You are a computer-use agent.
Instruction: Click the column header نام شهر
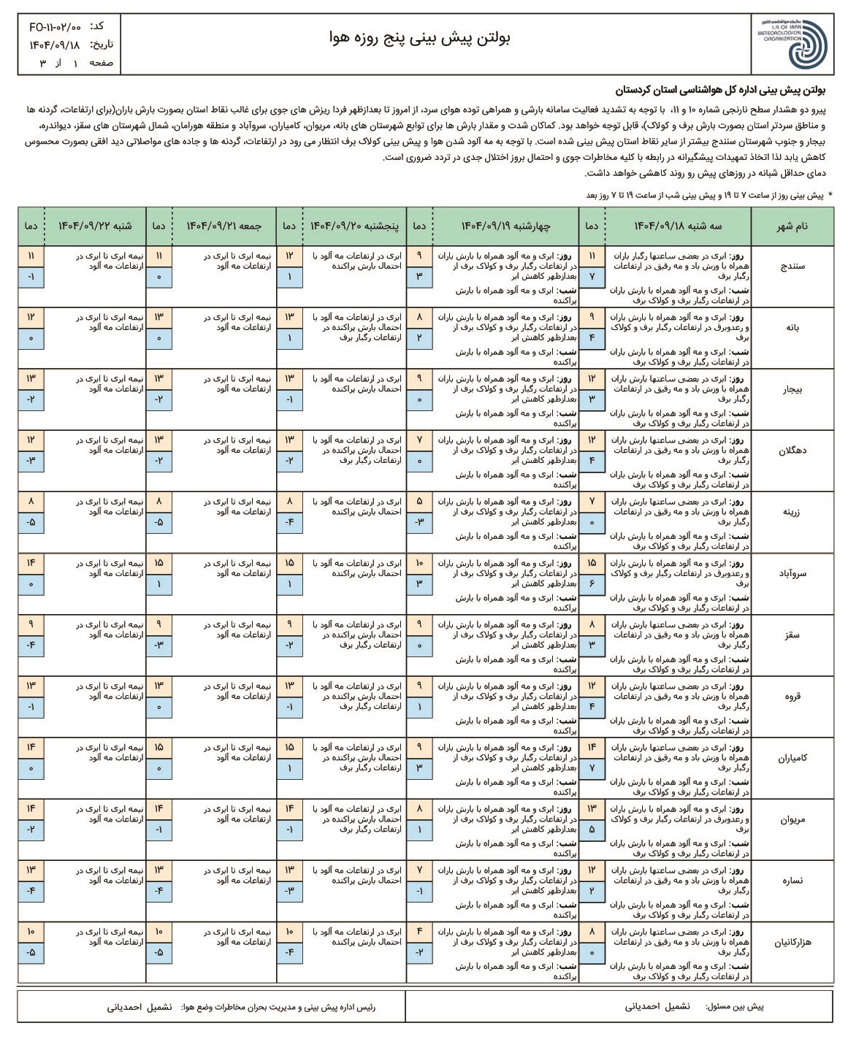pyautogui.click(x=792, y=226)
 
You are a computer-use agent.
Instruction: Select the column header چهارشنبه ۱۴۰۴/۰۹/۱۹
pyautogui.click(x=506, y=226)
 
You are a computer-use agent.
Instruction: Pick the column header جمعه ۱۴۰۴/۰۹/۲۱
pyautogui.click(x=224, y=226)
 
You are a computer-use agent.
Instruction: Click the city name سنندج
pyautogui.click(x=792, y=267)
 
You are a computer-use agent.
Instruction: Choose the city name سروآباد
pyautogui.click(x=792, y=574)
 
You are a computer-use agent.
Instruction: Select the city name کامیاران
pyautogui.click(x=792, y=758)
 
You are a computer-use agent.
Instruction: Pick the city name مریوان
pyautogui.click(x=792, y=819)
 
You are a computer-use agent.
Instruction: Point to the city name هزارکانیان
pyautogui.click(x=792, y=942)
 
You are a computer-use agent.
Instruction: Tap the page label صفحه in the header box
pyautogui.click(x=101, y=63)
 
